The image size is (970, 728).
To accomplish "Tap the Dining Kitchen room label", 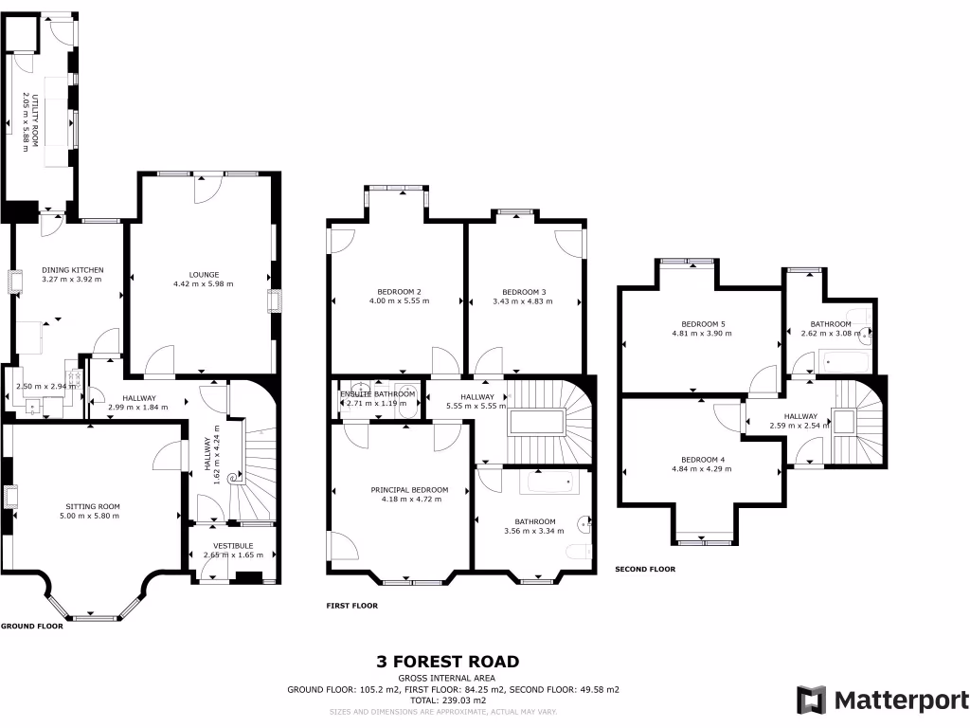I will pyautogui.click(x=73, y=270).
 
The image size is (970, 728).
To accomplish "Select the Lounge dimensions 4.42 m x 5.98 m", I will pyautogui.click(x=203, y=283).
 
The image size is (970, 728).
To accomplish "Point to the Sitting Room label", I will pyautogui.click(x=92, y=506).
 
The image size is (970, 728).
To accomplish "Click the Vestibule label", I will pyautogui.click(x=230, y=545).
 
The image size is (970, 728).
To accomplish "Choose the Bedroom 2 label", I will pyautogui.click(x=399, y=291).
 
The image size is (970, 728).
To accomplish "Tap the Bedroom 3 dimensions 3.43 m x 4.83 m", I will pyautogui.click(x=522, y=301).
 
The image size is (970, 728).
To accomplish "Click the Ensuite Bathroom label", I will pyautogui.click(x=378, y=393).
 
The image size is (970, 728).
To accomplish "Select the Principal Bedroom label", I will pyautogui.click(x=409, y=490).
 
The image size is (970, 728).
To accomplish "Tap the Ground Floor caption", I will pyautogui.click(x=32, y=627).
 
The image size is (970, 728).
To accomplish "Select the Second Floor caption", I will pyautogui.click(x=645, y=570).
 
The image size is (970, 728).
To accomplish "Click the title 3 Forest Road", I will pyautogui.click(x=448, y=662).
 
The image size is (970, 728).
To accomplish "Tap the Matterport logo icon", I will pyautogui.click(x=811, y=700).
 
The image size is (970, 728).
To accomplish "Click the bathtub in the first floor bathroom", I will pyautogui.click(x=549, y=482).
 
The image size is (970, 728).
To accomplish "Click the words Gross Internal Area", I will pyautogui.click(x=448, y=679).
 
